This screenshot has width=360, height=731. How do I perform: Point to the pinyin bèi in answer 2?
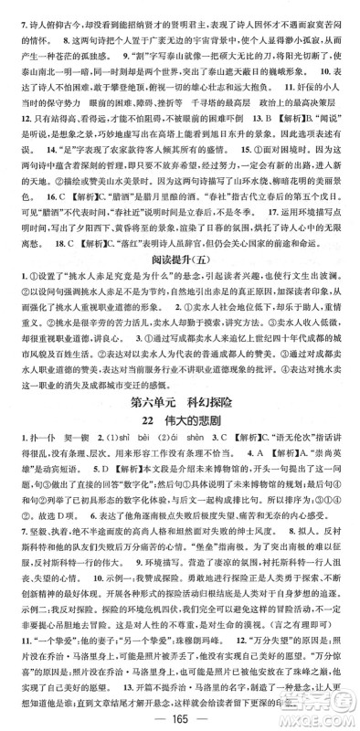click(x=135, y=493)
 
